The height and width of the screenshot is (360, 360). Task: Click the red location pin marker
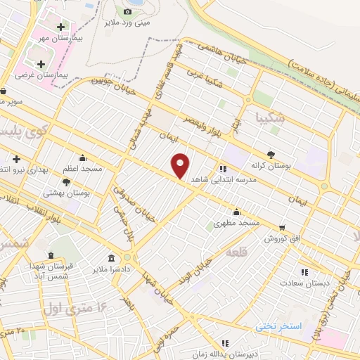181,166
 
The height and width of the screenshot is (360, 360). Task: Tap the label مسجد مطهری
237,222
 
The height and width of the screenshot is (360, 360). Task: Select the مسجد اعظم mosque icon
83,157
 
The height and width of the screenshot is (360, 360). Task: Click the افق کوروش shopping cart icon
282,227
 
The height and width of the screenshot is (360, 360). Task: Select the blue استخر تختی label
279,328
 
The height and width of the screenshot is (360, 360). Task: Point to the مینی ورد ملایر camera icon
127,11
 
